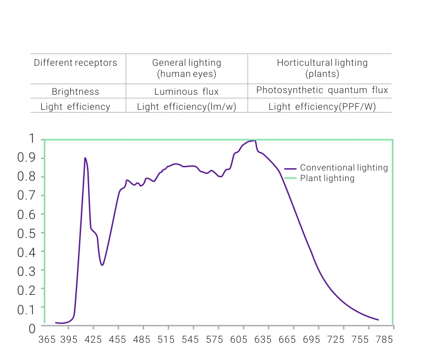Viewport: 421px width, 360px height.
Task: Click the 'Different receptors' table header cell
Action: pos(75,63)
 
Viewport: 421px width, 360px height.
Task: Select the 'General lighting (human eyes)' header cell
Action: pos(186,68)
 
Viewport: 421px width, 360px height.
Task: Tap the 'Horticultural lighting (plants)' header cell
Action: pos(322,68)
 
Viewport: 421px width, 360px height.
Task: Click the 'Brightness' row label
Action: pos(75,92)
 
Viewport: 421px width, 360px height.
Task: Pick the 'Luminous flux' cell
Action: pos(186,92)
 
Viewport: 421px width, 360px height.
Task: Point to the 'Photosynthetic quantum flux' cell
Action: pos(322,90)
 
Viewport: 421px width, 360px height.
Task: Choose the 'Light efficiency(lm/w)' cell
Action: pos(186,106)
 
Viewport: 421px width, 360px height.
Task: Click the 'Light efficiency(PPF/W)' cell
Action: pos(322,106)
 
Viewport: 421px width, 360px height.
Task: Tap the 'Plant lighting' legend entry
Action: pos(327,178)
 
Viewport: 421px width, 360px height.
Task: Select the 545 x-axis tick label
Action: pos(191,339)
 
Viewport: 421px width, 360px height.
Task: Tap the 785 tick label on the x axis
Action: pos(385,339)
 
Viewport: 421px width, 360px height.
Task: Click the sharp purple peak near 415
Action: pos(85,158)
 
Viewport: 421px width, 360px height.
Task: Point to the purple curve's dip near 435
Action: pos(102,265)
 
